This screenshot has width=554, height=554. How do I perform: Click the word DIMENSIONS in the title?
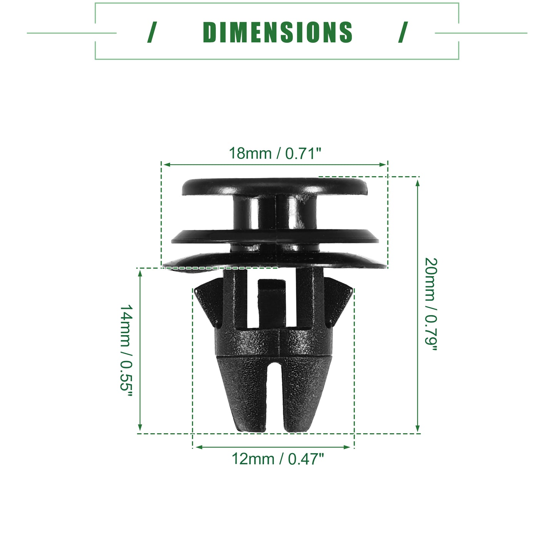(x=277, y=32)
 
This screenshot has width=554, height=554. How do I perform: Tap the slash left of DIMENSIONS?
(x=152, y=32)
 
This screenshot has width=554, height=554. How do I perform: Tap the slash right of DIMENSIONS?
(x=403, y=32)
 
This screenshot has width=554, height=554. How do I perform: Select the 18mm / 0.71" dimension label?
(x=275, y=153)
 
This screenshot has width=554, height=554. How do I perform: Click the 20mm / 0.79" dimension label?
(x=431, y=304)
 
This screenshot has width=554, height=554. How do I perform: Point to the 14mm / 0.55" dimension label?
(x=127, y=350)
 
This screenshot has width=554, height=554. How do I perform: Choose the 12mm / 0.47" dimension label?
(x=278, y=459)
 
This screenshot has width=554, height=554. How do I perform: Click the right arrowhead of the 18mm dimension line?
(x=383, y=164)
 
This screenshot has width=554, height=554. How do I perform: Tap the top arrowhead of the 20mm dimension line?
(x=418, y=182)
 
